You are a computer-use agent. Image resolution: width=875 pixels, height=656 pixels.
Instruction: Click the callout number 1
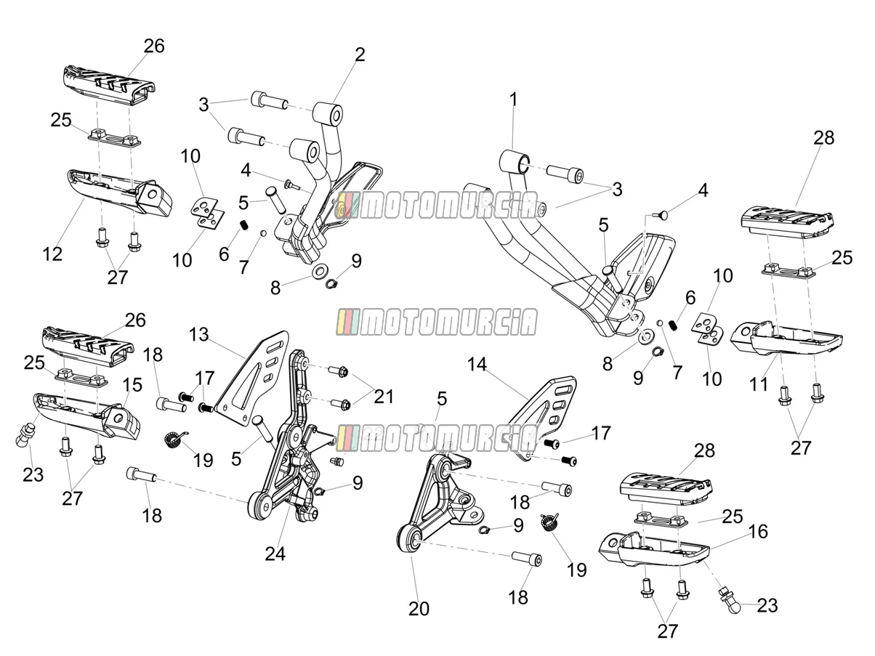pyautogui.click(x=513, y=100)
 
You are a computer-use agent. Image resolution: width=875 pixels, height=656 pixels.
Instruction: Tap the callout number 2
pyautogui.click(x=360, y=55)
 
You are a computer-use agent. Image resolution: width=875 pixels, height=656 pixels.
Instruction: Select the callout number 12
pyautogui.click(x=52, y=254)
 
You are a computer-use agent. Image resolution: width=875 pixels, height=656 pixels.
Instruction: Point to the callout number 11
pyautogui.click(x=758, y=385)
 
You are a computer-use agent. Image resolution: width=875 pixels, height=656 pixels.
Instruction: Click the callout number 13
pyautogui.click(x=198, y=335)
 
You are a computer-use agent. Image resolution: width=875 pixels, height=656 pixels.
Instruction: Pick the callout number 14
pyautogui.click(x=477, y=364)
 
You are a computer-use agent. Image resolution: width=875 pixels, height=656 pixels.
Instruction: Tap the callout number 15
pyautogui.click(x=132, y=385)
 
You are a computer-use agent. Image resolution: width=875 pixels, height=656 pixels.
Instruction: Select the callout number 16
pyautogui.click(x=758, y=531)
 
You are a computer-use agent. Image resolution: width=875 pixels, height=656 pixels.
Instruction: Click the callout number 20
pyautogui.click(x=419, y=609)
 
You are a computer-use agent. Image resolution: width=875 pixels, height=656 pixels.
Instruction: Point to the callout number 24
pyautogui.click(x=275, y=554)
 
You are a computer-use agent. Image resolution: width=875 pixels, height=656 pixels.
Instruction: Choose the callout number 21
pyautogui.click(x=384, y=397)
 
